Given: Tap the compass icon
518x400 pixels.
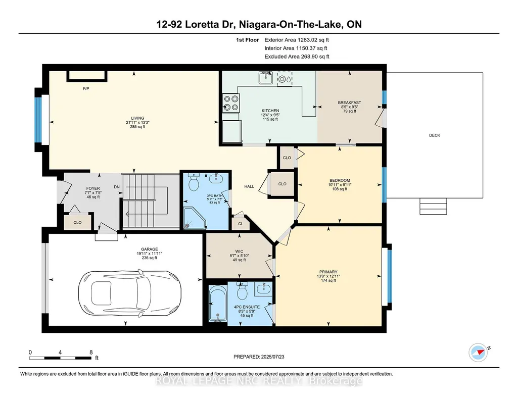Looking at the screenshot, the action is pyautogui.click(x=478, y=353).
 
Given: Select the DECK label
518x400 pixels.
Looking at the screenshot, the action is pyautogui.click(x=435, y=135).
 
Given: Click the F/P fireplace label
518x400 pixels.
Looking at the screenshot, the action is pyautogui.click(x=86, y=88).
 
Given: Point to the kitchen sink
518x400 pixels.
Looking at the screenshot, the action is pyautogui.click(x=266, y=78).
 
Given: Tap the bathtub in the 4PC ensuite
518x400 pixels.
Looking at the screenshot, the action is pyautogui.click(x=218, y=304).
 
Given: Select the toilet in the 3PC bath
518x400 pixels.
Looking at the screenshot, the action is pyautogui.click(x=193, y=181).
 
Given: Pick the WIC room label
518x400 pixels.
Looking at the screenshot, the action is pyautogui.click(x=239, y=252).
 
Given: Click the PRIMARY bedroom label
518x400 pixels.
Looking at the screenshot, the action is pyautogui.click(x=328, y=272).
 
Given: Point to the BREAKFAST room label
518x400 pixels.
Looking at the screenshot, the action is pyautogui.click(x=350, y=103).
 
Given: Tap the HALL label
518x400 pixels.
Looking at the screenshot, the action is pyautogui.click(x=249, y=186).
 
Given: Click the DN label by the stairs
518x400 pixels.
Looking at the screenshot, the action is pyautogui.click(x=117, y=187).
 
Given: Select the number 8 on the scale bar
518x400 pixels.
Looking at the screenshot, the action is pyautogui.click(x=91, y=353).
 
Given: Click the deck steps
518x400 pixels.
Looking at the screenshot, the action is pyautogui.click(x=433, y=206).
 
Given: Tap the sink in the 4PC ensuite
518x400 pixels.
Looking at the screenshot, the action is pyautogui.click(x=263, y=289).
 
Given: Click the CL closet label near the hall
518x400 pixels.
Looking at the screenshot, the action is pyautogui.click(x=241, y=224).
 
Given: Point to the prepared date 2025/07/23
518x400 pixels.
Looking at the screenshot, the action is pyautogui.click(x=272, y=357).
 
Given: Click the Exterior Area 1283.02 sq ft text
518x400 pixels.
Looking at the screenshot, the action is pyautogui.click(x=297, y=40).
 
